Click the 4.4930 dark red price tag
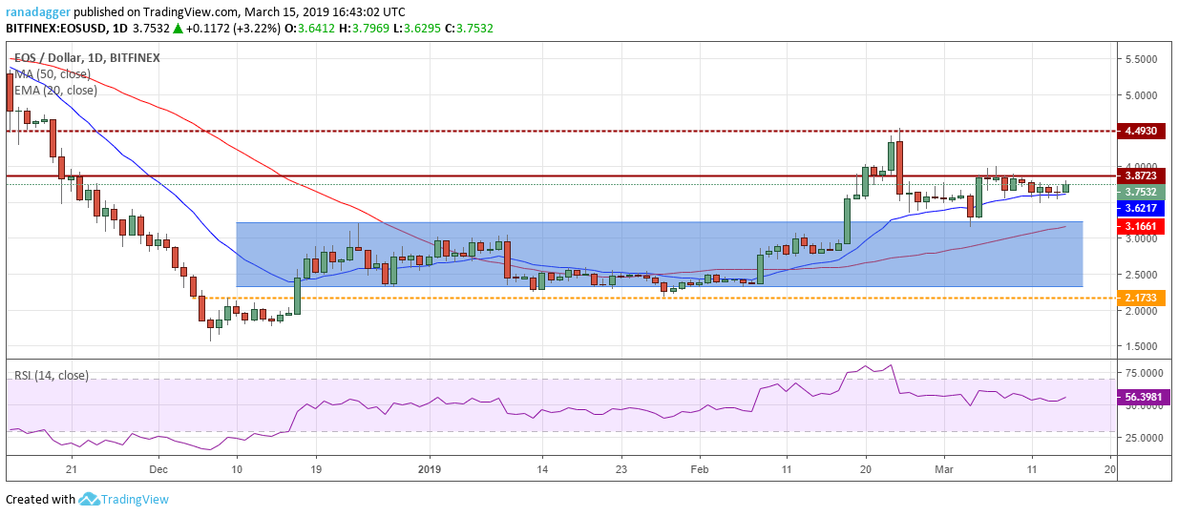click(x=1141, y=131)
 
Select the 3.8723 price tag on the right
click(x=1141, y=176)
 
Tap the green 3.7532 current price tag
click(x=1141, y=193)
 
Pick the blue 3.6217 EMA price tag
click(x=1141, y=209)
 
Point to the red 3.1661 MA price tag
click(x=1141, y=226)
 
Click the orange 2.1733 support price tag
click(x=1141, y=298)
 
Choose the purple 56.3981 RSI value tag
click(x=1144, y=397)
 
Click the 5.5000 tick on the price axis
click(x=1141, y=59)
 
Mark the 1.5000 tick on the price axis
click(x=1141, y=347)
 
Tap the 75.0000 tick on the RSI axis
click(x=1144, y=373)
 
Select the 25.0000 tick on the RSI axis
click(x=1144, y=438)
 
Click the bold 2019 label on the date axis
click(x=430, y=469)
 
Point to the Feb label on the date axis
click(x=700, y=469)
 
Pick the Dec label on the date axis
click(x=158, y=469)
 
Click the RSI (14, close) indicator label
click(x=52, y=376)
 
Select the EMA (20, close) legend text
click(x=55, y=91)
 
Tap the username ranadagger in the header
click(x=38, y=12)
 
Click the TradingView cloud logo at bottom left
click(x=89, y=499)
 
